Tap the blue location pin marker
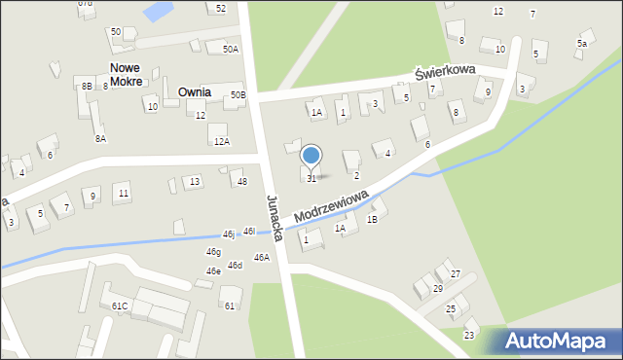pos(311,156)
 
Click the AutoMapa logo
pos(556,341)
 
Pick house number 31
pos(311,178)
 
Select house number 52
pos(221,8)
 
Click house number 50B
pos(238,95)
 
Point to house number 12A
pos(222,142)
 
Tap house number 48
pos(242,182)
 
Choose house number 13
pos(195,181)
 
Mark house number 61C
pos(120,306)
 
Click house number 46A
pos(261,258)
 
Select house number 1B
pos(372,219)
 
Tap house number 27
pos(455,274)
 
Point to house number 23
pos(469,335)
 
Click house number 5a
pos(582,44)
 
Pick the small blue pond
pos(155,12)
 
